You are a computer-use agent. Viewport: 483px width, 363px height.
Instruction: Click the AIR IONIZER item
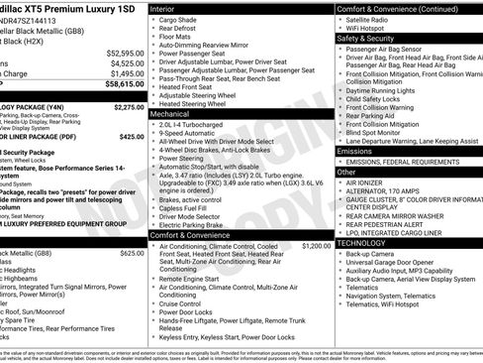(364, 182)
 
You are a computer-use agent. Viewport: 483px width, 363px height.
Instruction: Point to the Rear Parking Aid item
(373, 116)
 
